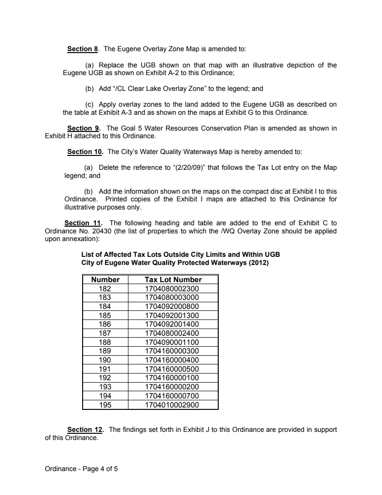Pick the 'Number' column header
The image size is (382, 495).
coord(106,280)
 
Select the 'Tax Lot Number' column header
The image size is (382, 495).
coord(173,280)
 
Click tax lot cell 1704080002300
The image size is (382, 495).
coord(173,288)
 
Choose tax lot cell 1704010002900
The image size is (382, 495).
coord(173,405)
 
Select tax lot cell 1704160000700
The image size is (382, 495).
coord(173,396)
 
